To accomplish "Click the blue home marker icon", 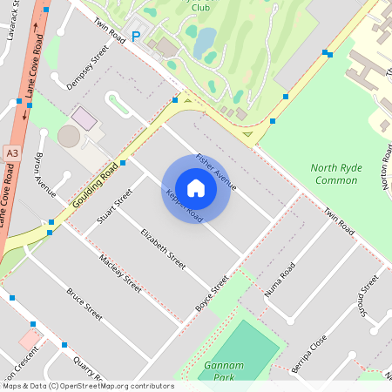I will click(196, 187).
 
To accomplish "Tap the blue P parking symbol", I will click(135, 36).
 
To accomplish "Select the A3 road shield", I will click(11, 152).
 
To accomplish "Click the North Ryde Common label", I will click(335, 173).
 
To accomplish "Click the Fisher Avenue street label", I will click(216, 171).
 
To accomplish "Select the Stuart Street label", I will click(115, 206).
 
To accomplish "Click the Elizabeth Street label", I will click(163, 247).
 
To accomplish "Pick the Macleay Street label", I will click(120, 271).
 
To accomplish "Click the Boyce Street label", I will click(212, 293).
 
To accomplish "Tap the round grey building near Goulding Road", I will click(69, 136).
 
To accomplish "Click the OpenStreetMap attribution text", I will click(87, 386).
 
